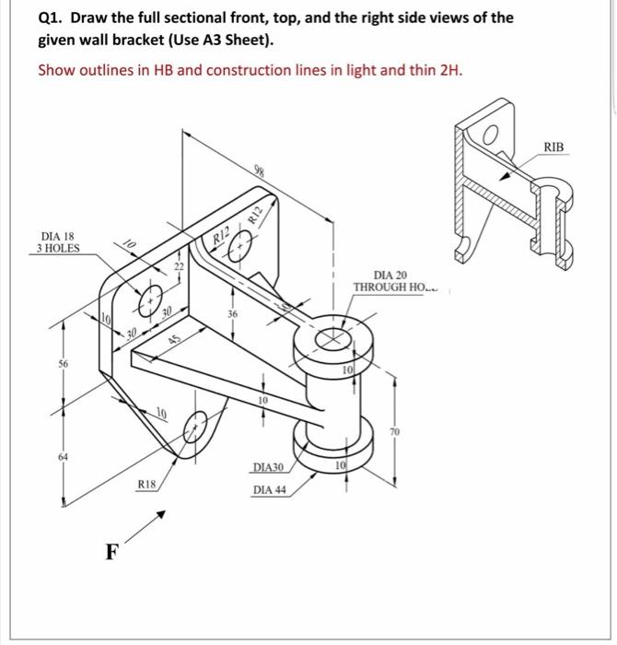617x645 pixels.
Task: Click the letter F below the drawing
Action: coord(111,553)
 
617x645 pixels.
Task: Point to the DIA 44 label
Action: coord(269,489)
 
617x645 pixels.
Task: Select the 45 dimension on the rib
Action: coord(175,339)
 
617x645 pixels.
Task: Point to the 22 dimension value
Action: coord(180,267)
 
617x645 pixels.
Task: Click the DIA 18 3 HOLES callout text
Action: coord(57,241)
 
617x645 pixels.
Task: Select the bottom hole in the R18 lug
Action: coord(195,425)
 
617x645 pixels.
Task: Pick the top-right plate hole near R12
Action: coord(242,247)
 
